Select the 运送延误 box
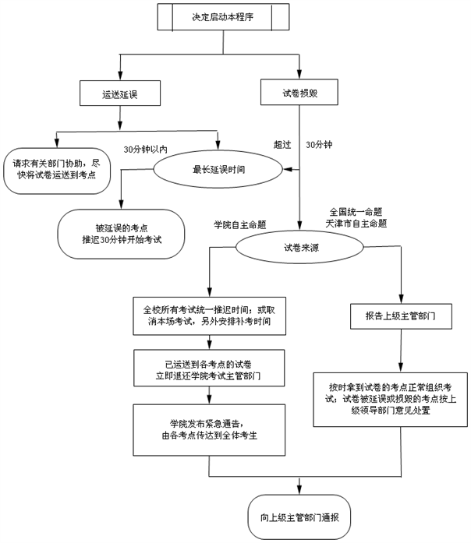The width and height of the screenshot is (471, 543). tap(119, 94)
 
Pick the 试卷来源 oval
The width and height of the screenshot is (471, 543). tap(299, 249)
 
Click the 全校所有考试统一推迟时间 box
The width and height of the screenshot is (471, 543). tap(209, 316)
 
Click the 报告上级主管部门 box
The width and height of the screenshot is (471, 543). tap(400, 317)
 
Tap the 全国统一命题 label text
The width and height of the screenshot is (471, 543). tap(356, 212)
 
